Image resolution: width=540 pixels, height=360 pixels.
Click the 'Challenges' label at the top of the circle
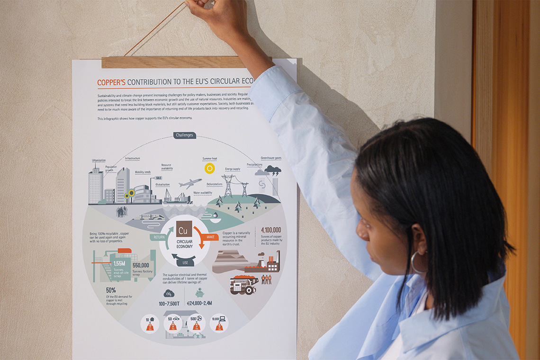click(184, 135)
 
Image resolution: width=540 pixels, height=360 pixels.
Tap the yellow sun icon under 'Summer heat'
click(209, 168)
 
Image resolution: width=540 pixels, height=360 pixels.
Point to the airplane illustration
click(190, 183)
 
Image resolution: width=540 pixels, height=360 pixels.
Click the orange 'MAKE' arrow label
click(211, 236)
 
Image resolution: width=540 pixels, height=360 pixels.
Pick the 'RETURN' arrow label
click(159, 237)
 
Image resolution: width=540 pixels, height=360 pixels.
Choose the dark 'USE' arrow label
click(185, 262)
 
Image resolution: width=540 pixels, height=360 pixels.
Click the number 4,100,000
click(271, 230)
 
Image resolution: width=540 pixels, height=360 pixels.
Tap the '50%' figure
click(111, 290)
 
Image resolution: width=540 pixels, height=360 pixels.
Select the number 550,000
click(141, 265)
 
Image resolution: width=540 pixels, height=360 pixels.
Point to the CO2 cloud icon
click(169, 294)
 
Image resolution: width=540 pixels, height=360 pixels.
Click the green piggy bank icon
click(199, 293)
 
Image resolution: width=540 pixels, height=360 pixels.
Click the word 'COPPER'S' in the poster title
click(111, 82)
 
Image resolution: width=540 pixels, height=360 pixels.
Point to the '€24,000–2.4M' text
click(199, 303)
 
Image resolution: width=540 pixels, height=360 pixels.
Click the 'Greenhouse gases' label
click(271, 158)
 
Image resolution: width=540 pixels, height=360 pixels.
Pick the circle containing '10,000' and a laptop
click(219, 324)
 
